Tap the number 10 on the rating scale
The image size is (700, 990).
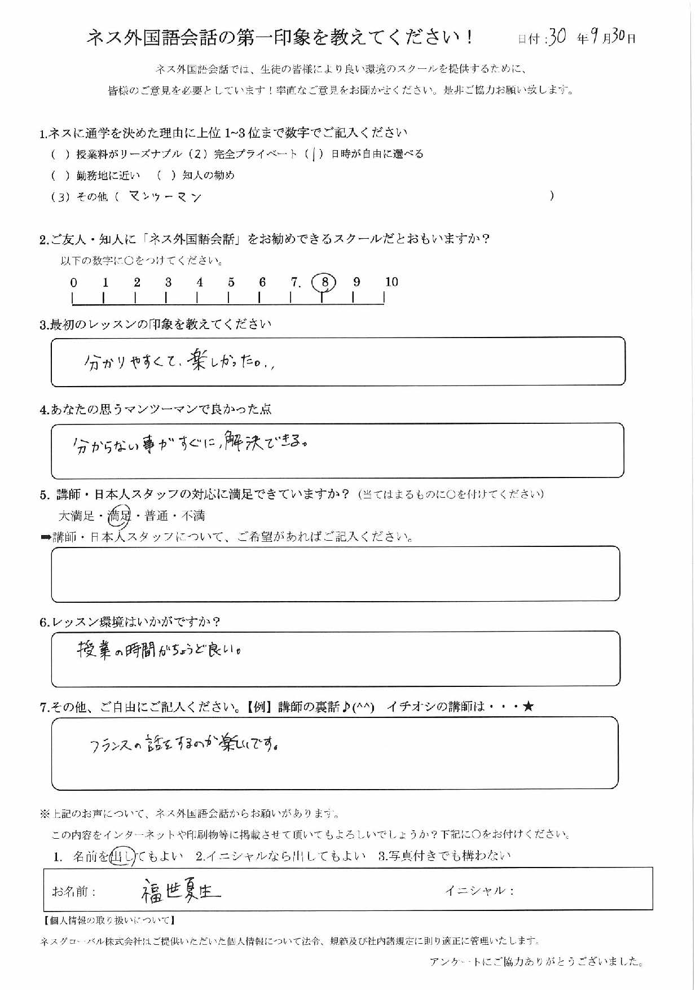coord(391,282)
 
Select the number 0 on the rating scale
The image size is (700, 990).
coord(73,282)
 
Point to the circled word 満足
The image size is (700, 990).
coord(119,515)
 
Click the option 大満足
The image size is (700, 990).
coord(77,515)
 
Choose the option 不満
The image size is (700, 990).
coord(193,515)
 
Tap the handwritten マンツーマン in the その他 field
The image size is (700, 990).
coord(165,196)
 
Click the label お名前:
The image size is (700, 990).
coord(74,891)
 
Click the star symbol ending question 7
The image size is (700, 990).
coord(528,706)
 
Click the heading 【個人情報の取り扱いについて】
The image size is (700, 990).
coord(109,921)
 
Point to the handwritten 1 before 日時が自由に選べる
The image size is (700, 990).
coord(314,154)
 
